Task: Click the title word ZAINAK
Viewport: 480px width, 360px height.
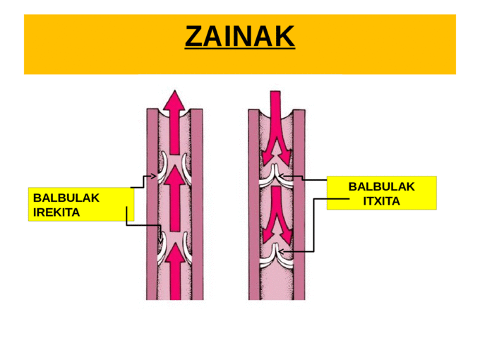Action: pos(239,37)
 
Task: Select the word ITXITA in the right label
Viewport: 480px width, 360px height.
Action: pos(381,201)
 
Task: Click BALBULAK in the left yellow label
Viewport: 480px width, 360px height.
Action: pos(66,198)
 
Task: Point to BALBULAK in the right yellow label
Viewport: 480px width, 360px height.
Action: pos(381,187)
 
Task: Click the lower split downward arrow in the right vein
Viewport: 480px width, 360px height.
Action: pos(276,215)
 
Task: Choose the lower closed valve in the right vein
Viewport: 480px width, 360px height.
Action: pos(276,256)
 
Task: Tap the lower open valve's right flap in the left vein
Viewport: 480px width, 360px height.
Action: pos(187,244)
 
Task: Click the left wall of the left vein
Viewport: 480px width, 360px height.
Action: pos(151,212)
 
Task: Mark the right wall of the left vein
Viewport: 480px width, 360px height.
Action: pos(198,212)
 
